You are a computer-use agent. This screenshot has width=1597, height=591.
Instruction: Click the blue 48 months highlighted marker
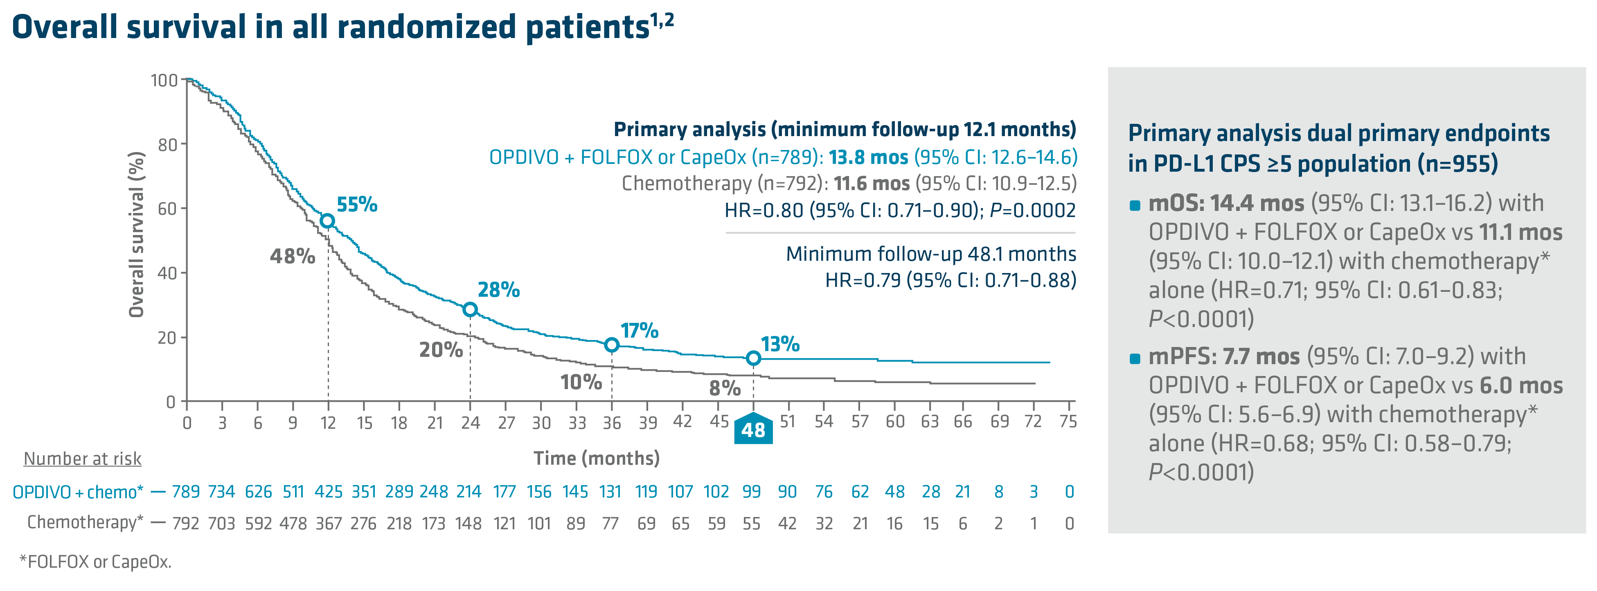753,429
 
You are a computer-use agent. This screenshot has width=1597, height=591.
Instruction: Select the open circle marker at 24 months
470,309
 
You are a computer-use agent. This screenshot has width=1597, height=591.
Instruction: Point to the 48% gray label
292,256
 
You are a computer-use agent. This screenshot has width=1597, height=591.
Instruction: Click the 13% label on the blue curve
780,344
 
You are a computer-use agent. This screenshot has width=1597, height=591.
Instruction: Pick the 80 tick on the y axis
167,145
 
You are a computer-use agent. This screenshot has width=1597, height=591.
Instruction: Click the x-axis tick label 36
612,423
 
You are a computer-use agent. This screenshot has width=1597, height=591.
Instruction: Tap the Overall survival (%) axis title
136,234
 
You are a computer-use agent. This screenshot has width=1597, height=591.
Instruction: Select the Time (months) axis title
597,459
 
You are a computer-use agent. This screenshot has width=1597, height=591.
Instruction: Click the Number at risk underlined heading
83,459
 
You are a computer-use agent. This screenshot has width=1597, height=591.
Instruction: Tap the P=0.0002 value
1032,210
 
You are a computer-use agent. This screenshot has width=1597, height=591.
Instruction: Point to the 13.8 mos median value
868,157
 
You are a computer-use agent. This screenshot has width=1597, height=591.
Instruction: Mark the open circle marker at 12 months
327,221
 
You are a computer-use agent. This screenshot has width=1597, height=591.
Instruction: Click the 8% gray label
725,388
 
